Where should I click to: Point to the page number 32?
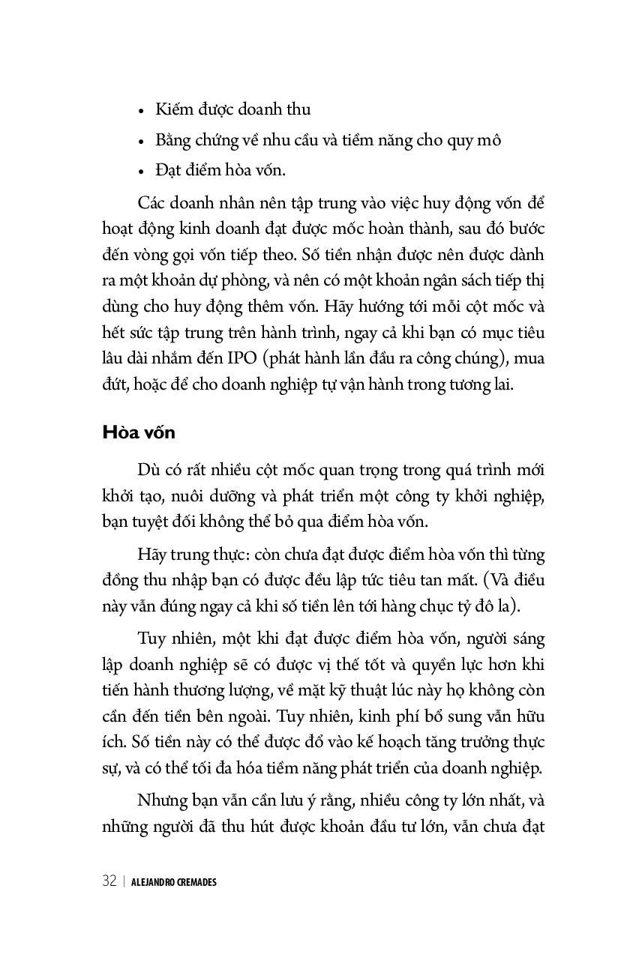point(109,881)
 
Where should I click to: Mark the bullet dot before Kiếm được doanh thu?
point(141,111)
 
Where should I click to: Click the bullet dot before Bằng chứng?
point(141,142)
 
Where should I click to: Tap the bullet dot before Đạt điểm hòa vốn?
point(141,172)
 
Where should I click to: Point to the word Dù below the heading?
point(148,470)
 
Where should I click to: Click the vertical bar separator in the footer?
point(124,881)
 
